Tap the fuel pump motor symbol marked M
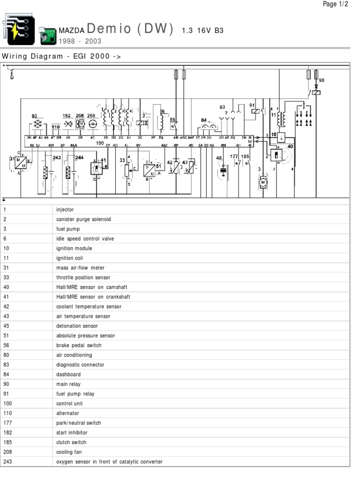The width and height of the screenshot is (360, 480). (x=263, y=181)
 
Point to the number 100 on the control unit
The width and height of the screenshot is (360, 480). (x=100, y=143)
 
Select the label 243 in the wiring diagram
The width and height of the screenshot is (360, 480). (x=57, y=157)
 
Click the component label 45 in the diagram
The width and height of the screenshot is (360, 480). (x=219, y=158)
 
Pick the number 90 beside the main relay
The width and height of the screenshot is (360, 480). (x=322, y=81)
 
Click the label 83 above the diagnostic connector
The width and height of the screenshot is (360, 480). (x=222, y=107)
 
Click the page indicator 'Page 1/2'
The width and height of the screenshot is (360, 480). (x=336, y=4)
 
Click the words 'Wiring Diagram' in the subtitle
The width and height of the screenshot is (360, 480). (x=33, y=56)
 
